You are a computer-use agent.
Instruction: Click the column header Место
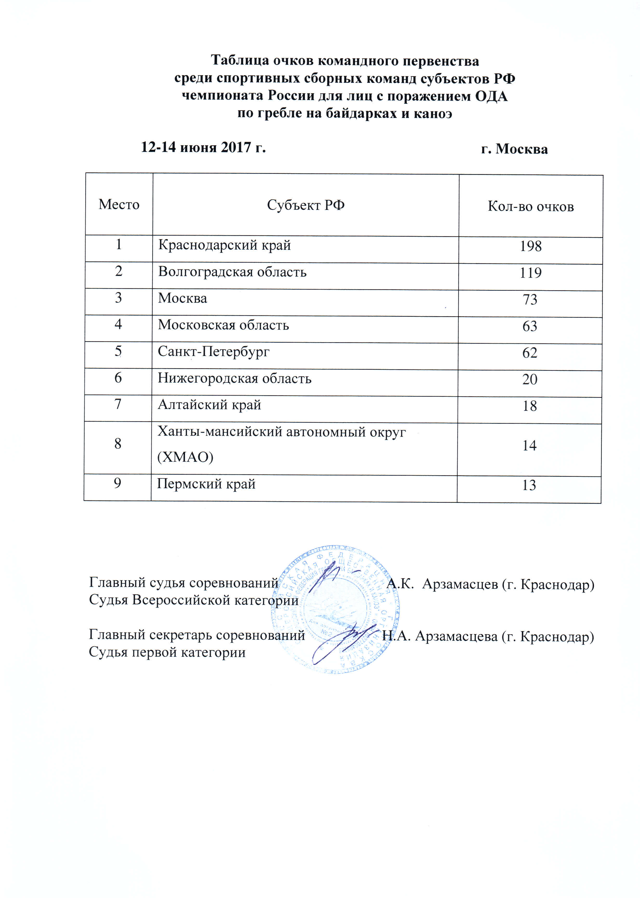pos(119,204)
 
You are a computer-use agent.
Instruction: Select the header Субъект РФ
pos(305,205)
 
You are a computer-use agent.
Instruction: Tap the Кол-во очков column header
pos(530,206)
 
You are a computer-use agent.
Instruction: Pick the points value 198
pos(530,246)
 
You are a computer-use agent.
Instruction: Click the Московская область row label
pos(223,325)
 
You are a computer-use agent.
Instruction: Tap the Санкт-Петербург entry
pos(214,351)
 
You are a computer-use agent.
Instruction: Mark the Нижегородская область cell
pos(235,378)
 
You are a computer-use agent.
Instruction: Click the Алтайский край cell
pos(209,405)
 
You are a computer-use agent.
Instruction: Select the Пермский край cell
pos(206,484)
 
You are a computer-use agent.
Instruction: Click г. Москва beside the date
pos(514,149)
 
